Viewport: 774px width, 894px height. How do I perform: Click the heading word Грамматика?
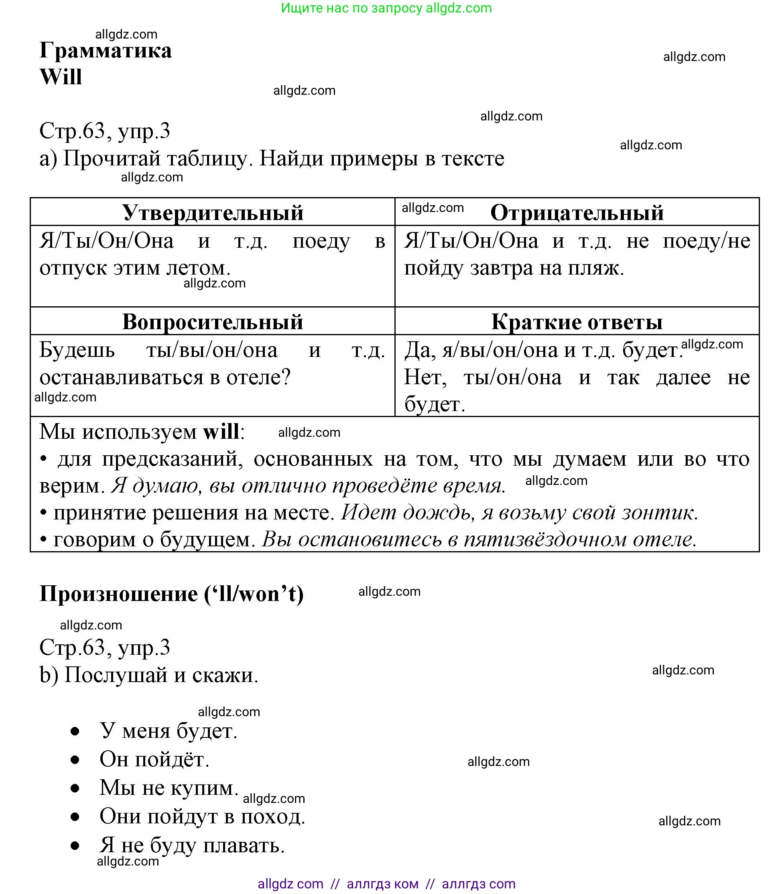click(106, 51)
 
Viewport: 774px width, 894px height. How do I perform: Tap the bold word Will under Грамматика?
click(61, 77)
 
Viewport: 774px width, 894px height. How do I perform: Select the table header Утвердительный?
click(213, 213)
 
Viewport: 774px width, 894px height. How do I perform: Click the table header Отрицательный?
click(577, 213)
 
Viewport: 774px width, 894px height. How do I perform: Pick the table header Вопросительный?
click(213, 322)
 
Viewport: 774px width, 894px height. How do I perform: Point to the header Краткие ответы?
click(577, 322)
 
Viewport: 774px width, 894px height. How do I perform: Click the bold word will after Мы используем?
click(221, 432)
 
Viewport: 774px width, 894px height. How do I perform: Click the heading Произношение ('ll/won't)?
click(171, 594)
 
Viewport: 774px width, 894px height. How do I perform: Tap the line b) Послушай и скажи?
click(148, 675)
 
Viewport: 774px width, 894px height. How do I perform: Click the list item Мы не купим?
click(169, 788)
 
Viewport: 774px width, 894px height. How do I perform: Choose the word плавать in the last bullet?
click(243, 845)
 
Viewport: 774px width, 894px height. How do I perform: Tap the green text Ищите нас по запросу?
click(351, 8)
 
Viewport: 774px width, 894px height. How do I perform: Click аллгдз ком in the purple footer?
click(382, 884)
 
